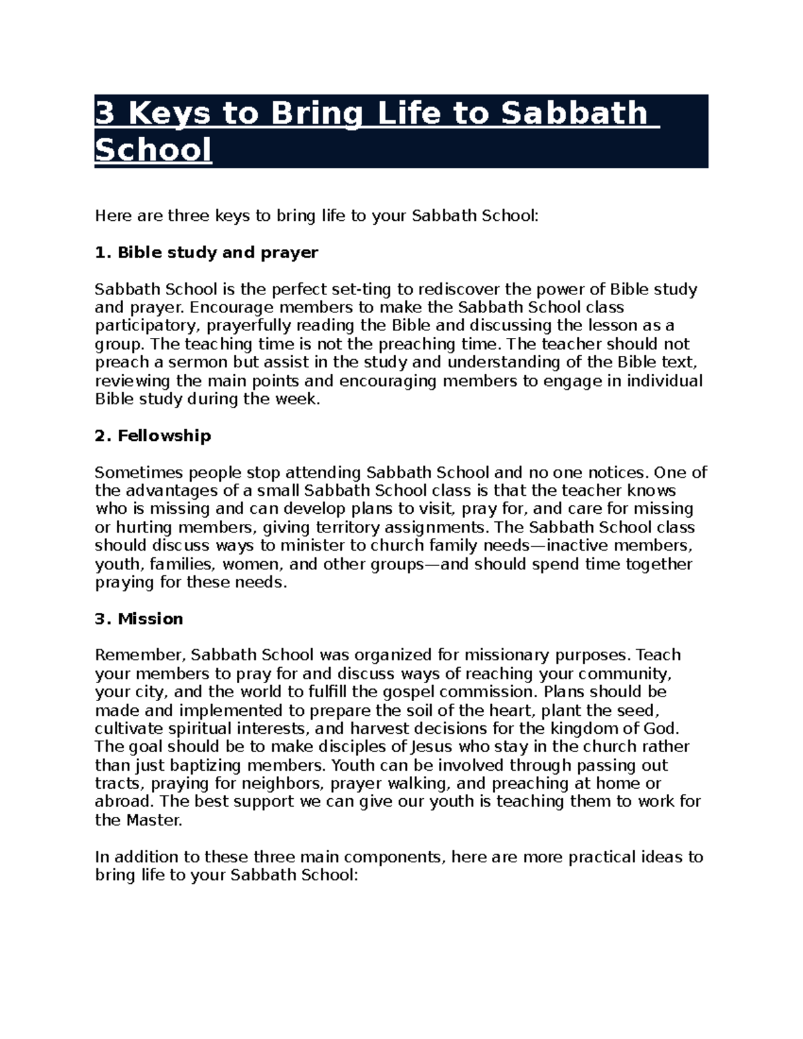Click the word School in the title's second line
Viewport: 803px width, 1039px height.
[x=153, y=149]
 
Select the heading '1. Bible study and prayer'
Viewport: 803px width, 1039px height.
[x=206, y=252]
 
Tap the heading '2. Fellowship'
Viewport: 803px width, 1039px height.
[x=153, y=436]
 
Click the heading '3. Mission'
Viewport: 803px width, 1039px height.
[x=139, y=619]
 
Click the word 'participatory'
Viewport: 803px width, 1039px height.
[x=147, y=326]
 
